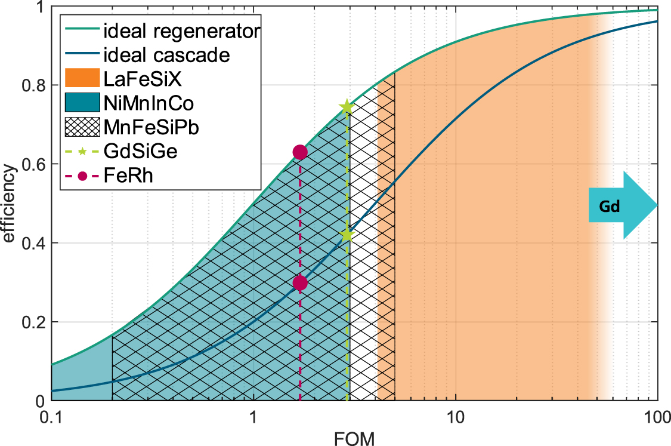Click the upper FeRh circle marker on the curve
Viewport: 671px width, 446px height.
point(300,152)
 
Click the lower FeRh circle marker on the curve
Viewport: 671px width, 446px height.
point(300,282)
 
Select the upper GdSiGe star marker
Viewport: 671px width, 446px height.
point(347,107)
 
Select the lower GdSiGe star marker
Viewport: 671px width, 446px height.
point(347,235)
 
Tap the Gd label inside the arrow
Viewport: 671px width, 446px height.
point(610,207)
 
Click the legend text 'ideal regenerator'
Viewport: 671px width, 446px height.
point(181,31)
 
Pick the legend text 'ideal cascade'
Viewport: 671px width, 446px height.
point(166,55)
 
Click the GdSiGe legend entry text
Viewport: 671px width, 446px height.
point(148,152)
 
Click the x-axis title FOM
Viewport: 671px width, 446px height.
point(354,439)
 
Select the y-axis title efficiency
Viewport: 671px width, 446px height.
point(9,205)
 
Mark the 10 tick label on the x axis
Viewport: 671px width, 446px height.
point(456,414)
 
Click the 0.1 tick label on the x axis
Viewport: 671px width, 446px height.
point(52,414)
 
